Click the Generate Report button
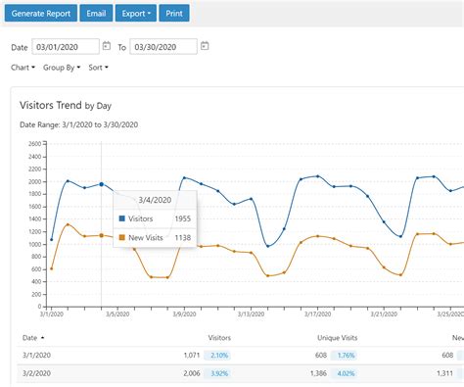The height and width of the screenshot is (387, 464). [x=39, y=14]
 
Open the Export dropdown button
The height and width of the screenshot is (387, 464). [x=135, y=14]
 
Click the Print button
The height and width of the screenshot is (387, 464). [x=173, y=14]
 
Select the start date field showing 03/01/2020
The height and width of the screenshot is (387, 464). [x=65, y=46]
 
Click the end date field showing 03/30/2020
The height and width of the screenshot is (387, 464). [x=162, y=46]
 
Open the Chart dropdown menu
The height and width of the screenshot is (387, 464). [x=23, y=68]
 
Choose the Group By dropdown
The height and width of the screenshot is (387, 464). [x=65, y=68]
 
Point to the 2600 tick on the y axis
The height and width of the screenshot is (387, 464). [x=35, y=143]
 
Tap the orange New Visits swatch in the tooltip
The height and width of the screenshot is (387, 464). [x=121, y=237]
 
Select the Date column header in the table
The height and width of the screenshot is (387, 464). [x=30, y=338]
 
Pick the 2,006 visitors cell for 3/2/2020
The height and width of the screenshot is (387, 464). [x=188, y=373]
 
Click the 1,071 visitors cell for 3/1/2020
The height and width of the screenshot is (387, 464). [x=188, y=355]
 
